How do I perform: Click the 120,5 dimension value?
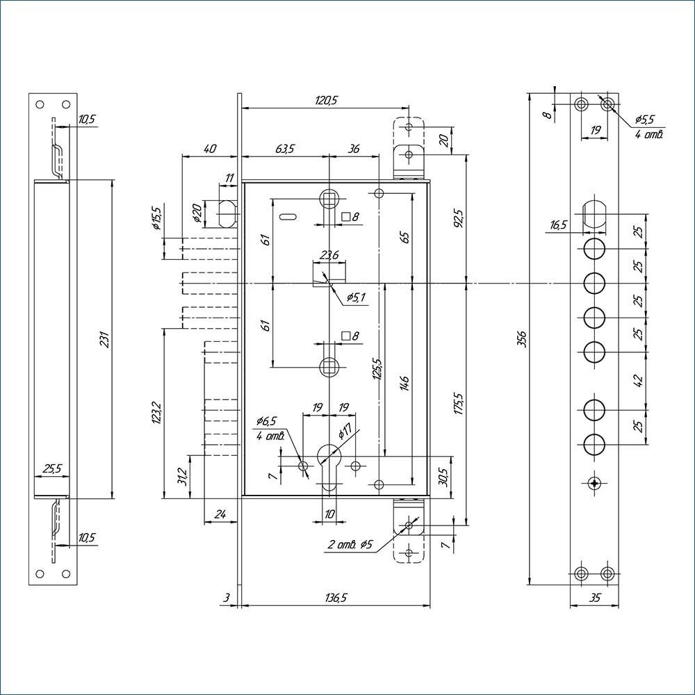(x=326, y=101)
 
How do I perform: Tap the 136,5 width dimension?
(x=335, y=598)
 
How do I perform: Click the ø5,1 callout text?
(x=355, y=297)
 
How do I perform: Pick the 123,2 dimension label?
(x=156, y=413)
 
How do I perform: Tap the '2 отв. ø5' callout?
(x=350, y=545)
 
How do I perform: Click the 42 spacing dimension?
(x=638, y=381)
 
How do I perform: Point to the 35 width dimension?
(x=596, y=598)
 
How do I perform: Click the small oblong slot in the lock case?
(x=288, y=217)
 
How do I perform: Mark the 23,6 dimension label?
(x=329, y=255)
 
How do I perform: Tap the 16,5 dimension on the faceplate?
(x=558, y=224)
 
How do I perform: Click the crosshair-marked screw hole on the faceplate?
(x=594, y=483)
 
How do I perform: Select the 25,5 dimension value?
(x=52, y=469)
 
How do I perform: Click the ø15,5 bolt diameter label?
(x=156, y=218)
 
